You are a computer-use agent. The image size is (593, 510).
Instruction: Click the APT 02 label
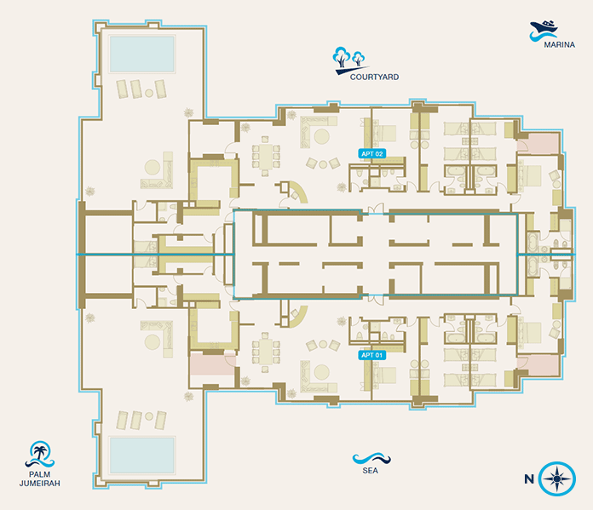372,153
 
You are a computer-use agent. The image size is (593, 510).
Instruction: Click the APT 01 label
372,355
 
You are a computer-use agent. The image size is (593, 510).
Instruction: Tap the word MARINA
559,44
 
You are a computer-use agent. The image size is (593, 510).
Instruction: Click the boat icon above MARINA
544,31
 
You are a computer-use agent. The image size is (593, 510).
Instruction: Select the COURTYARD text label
374,77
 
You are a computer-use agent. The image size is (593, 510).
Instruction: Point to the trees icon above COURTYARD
350,60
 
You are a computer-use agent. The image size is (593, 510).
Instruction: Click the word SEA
370,471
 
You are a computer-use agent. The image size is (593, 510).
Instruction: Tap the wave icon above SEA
371,459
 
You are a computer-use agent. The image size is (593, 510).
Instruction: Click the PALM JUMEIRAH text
40,478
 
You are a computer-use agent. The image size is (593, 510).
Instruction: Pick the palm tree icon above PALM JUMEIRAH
40,454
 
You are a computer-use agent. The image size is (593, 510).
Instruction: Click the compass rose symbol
556,478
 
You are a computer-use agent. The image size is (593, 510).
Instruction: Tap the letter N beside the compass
529,479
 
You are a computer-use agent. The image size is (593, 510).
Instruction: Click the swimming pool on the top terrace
141,54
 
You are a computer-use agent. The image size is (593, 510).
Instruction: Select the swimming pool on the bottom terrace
141,456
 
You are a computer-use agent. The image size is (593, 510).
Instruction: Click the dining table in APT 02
266,156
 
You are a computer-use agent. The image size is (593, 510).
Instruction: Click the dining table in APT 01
266,352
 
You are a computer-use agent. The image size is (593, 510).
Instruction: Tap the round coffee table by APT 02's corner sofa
321,136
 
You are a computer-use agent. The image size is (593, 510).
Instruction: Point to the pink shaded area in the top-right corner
538,143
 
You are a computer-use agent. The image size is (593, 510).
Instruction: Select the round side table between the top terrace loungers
149,93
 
